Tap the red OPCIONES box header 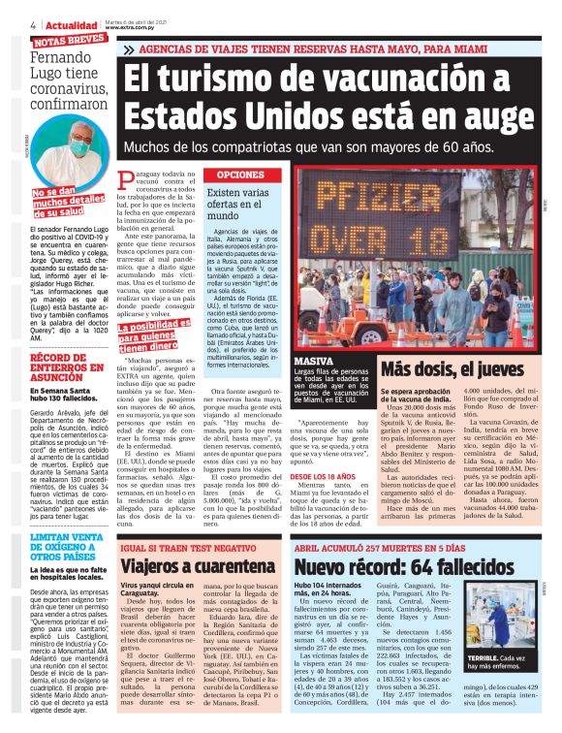pyautogui.click(x=235, y=175)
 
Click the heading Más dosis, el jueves pyautogui.click(x=459, y=368)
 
